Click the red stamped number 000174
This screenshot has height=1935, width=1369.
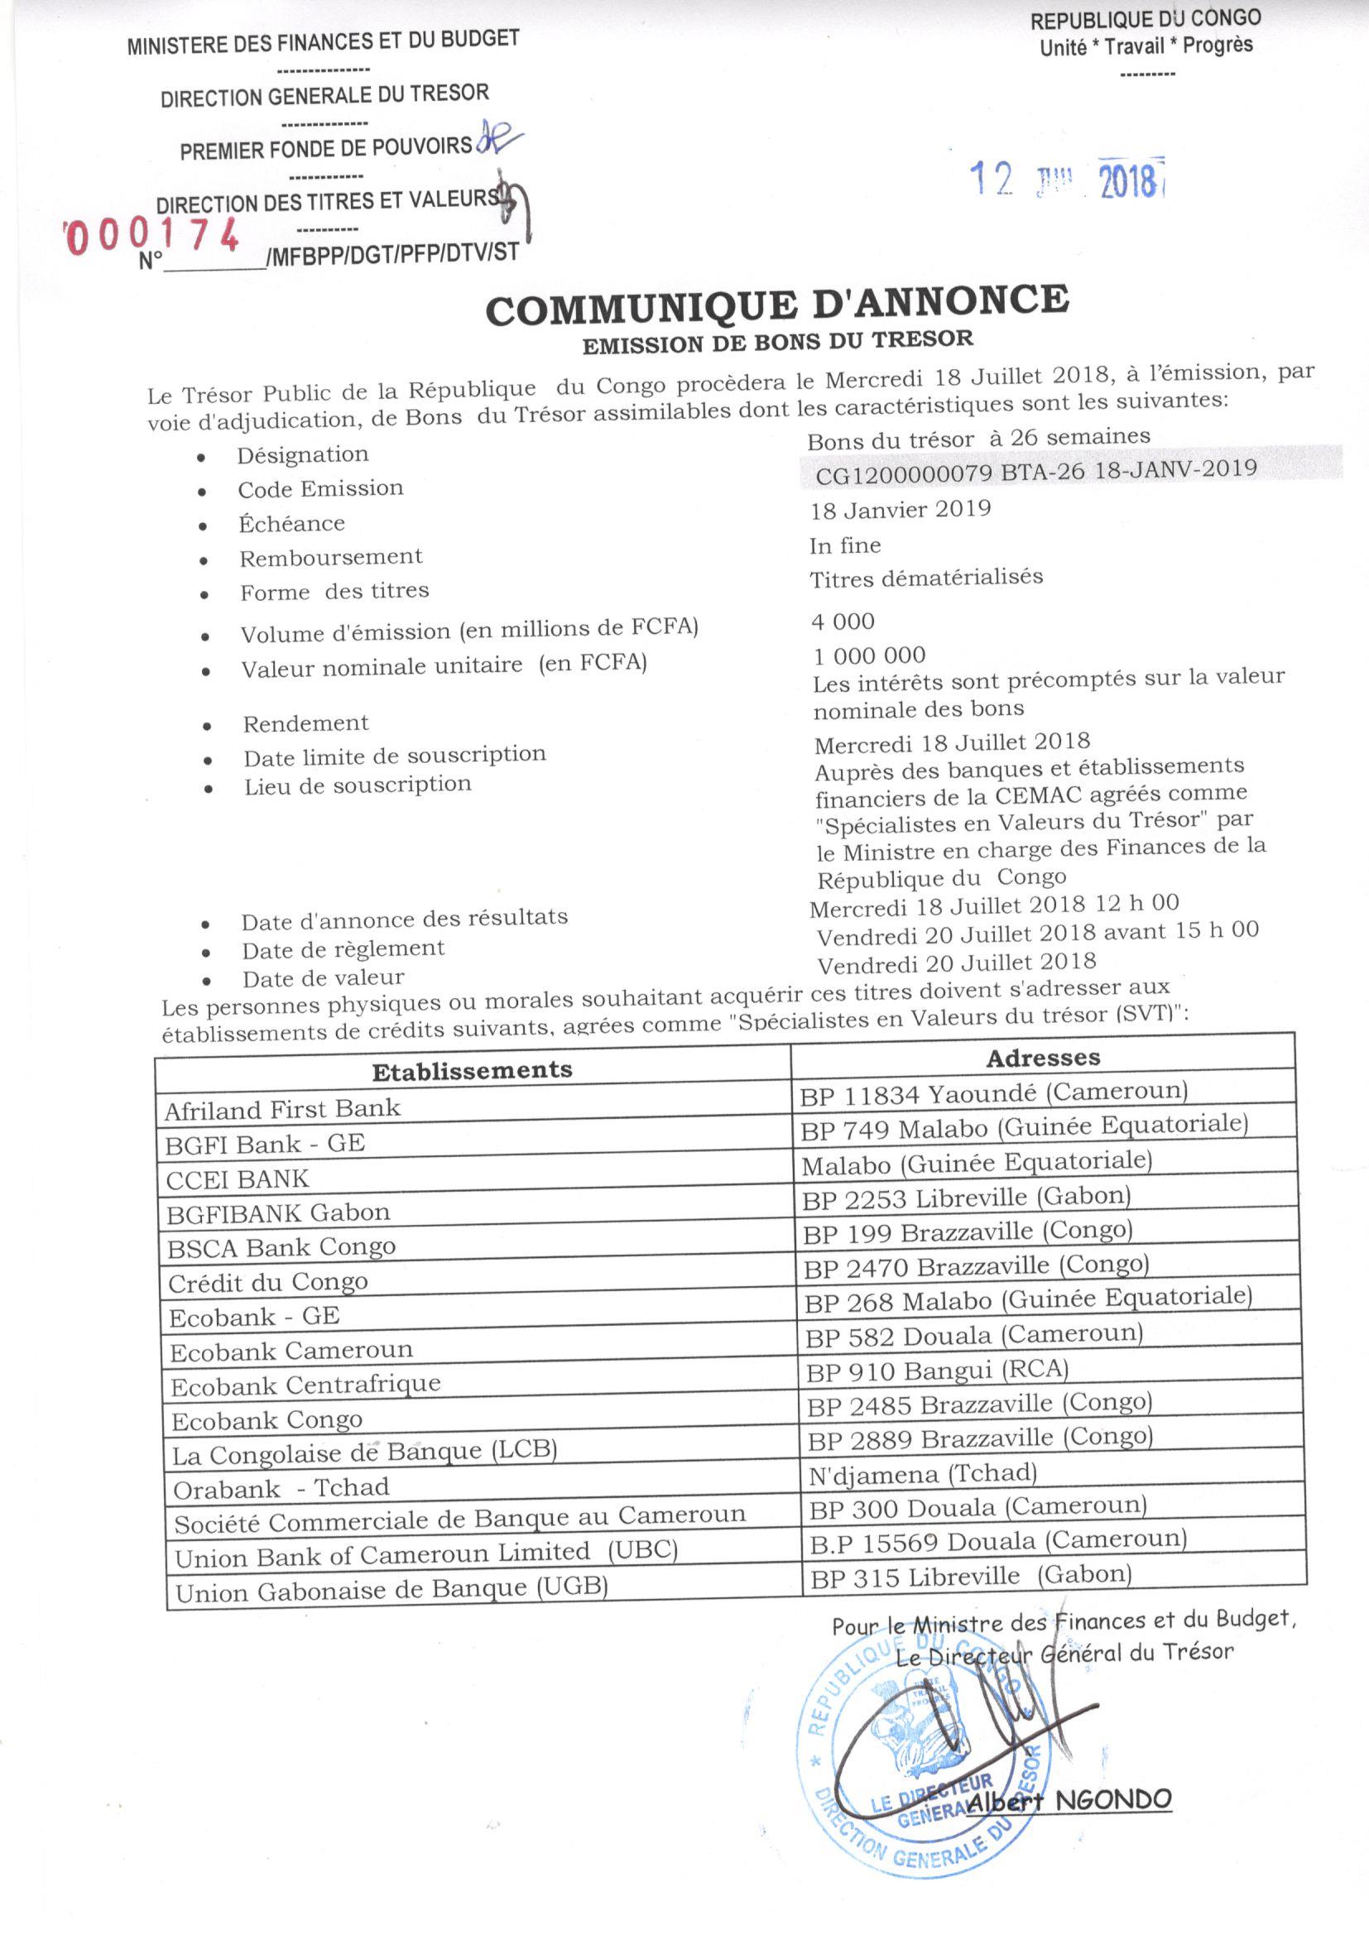pos(151,235)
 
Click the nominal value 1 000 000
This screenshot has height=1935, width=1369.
pos(869,655)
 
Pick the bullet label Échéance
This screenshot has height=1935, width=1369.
pos(291,523)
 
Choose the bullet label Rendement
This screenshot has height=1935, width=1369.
pos(306,723)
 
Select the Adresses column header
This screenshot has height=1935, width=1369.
pos(1043,1058)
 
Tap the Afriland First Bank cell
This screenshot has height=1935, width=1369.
pos(282,1109)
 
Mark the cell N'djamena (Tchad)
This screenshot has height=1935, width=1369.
pos(922,1474)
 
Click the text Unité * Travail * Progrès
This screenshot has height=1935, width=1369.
pos(1146,46)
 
